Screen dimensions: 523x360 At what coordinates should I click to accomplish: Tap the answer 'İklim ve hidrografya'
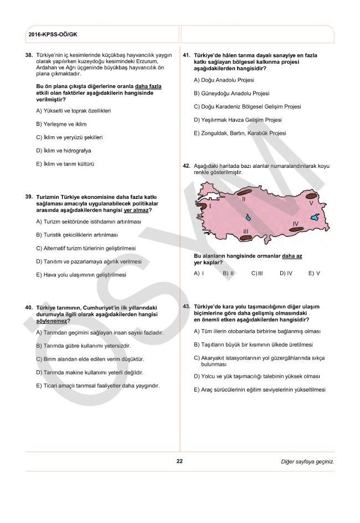click(x=64, y=150)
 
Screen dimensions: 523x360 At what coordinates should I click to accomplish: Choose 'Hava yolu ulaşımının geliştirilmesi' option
click(x=81, y=275)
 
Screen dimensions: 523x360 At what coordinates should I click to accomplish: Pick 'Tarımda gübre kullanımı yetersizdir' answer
click(x=83, y=346)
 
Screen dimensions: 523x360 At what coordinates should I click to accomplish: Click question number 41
click(x=186, y=55)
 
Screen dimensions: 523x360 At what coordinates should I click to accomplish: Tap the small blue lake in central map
click(x=248, y=217)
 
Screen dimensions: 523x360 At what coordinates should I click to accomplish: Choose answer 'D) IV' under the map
click(x=286, y=274)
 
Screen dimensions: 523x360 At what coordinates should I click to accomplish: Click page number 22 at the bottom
click(x=179, y=461)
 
